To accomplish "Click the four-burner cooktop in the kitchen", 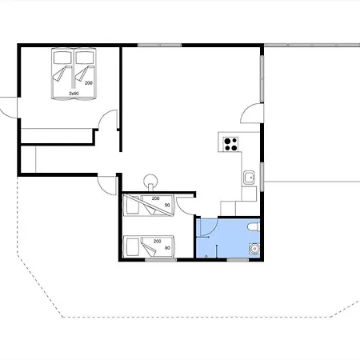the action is [230, 144].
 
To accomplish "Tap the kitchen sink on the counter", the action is [250, 178].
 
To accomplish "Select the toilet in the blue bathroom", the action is [254, 227].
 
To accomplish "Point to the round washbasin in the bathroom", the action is [254, 249].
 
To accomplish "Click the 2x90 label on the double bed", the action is [74, 94].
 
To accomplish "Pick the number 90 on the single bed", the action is [167, 205].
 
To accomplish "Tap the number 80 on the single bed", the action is [167, 248].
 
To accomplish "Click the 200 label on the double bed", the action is [89, 83].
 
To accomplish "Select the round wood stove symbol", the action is [150, 182].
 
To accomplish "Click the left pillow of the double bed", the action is [62, 58].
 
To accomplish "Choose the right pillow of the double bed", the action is [85, 58].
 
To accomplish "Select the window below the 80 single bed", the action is [161, 259].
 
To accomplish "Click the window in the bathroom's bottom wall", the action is [238, 259].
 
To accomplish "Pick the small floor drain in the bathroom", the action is [206, 256].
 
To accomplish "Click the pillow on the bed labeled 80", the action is [133, 247].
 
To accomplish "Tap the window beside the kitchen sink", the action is [262, 177].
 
